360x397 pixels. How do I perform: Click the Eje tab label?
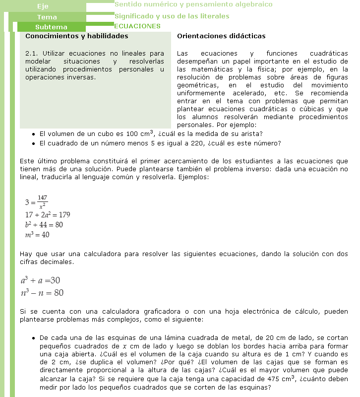click(43, 6)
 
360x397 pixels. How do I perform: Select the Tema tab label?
click(47, 17)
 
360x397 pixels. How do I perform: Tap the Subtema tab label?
click(51, 27)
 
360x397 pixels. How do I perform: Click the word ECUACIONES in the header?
click(137, 26)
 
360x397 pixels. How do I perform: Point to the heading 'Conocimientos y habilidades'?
click(76, 36)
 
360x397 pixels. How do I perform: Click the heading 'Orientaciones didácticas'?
click(221, 36)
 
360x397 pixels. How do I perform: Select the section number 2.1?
click(31, 53)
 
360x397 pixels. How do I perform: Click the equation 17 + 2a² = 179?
click(48, 215)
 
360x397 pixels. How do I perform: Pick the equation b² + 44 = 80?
click(44, 224)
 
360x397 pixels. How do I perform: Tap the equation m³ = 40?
click(37, 234)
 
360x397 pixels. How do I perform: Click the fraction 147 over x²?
click(42, 201)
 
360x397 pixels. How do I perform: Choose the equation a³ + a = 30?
click(41, 280)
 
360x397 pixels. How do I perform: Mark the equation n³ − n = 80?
click(42, 293)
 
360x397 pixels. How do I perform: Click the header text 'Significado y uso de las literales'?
click(172, 16)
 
